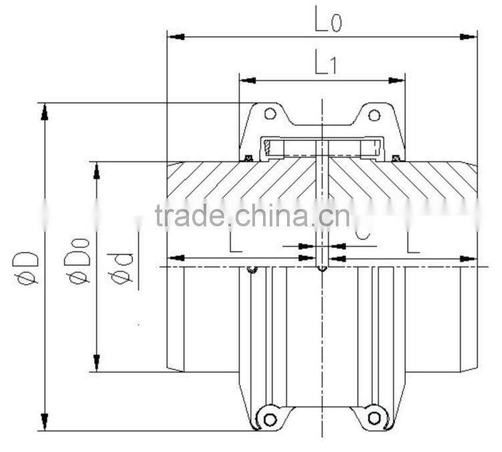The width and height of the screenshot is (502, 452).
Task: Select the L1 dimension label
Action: (326, 65)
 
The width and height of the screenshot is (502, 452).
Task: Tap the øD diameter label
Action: (28, 267)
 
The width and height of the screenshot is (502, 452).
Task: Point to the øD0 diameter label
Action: (79, 266)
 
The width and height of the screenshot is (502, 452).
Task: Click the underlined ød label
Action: (122, 267)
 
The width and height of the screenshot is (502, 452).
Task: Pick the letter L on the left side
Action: (235, 241)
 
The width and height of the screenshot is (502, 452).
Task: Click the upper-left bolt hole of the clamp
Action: (270, 114)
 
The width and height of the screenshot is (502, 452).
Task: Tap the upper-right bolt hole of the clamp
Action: (374, 114)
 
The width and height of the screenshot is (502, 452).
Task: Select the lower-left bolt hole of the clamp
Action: (270, 419)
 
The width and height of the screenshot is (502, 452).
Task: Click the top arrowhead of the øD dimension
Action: (45, 111)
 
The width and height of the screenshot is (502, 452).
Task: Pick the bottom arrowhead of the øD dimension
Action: (45, 422)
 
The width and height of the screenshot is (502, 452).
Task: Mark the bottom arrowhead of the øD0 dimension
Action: (97, 363)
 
